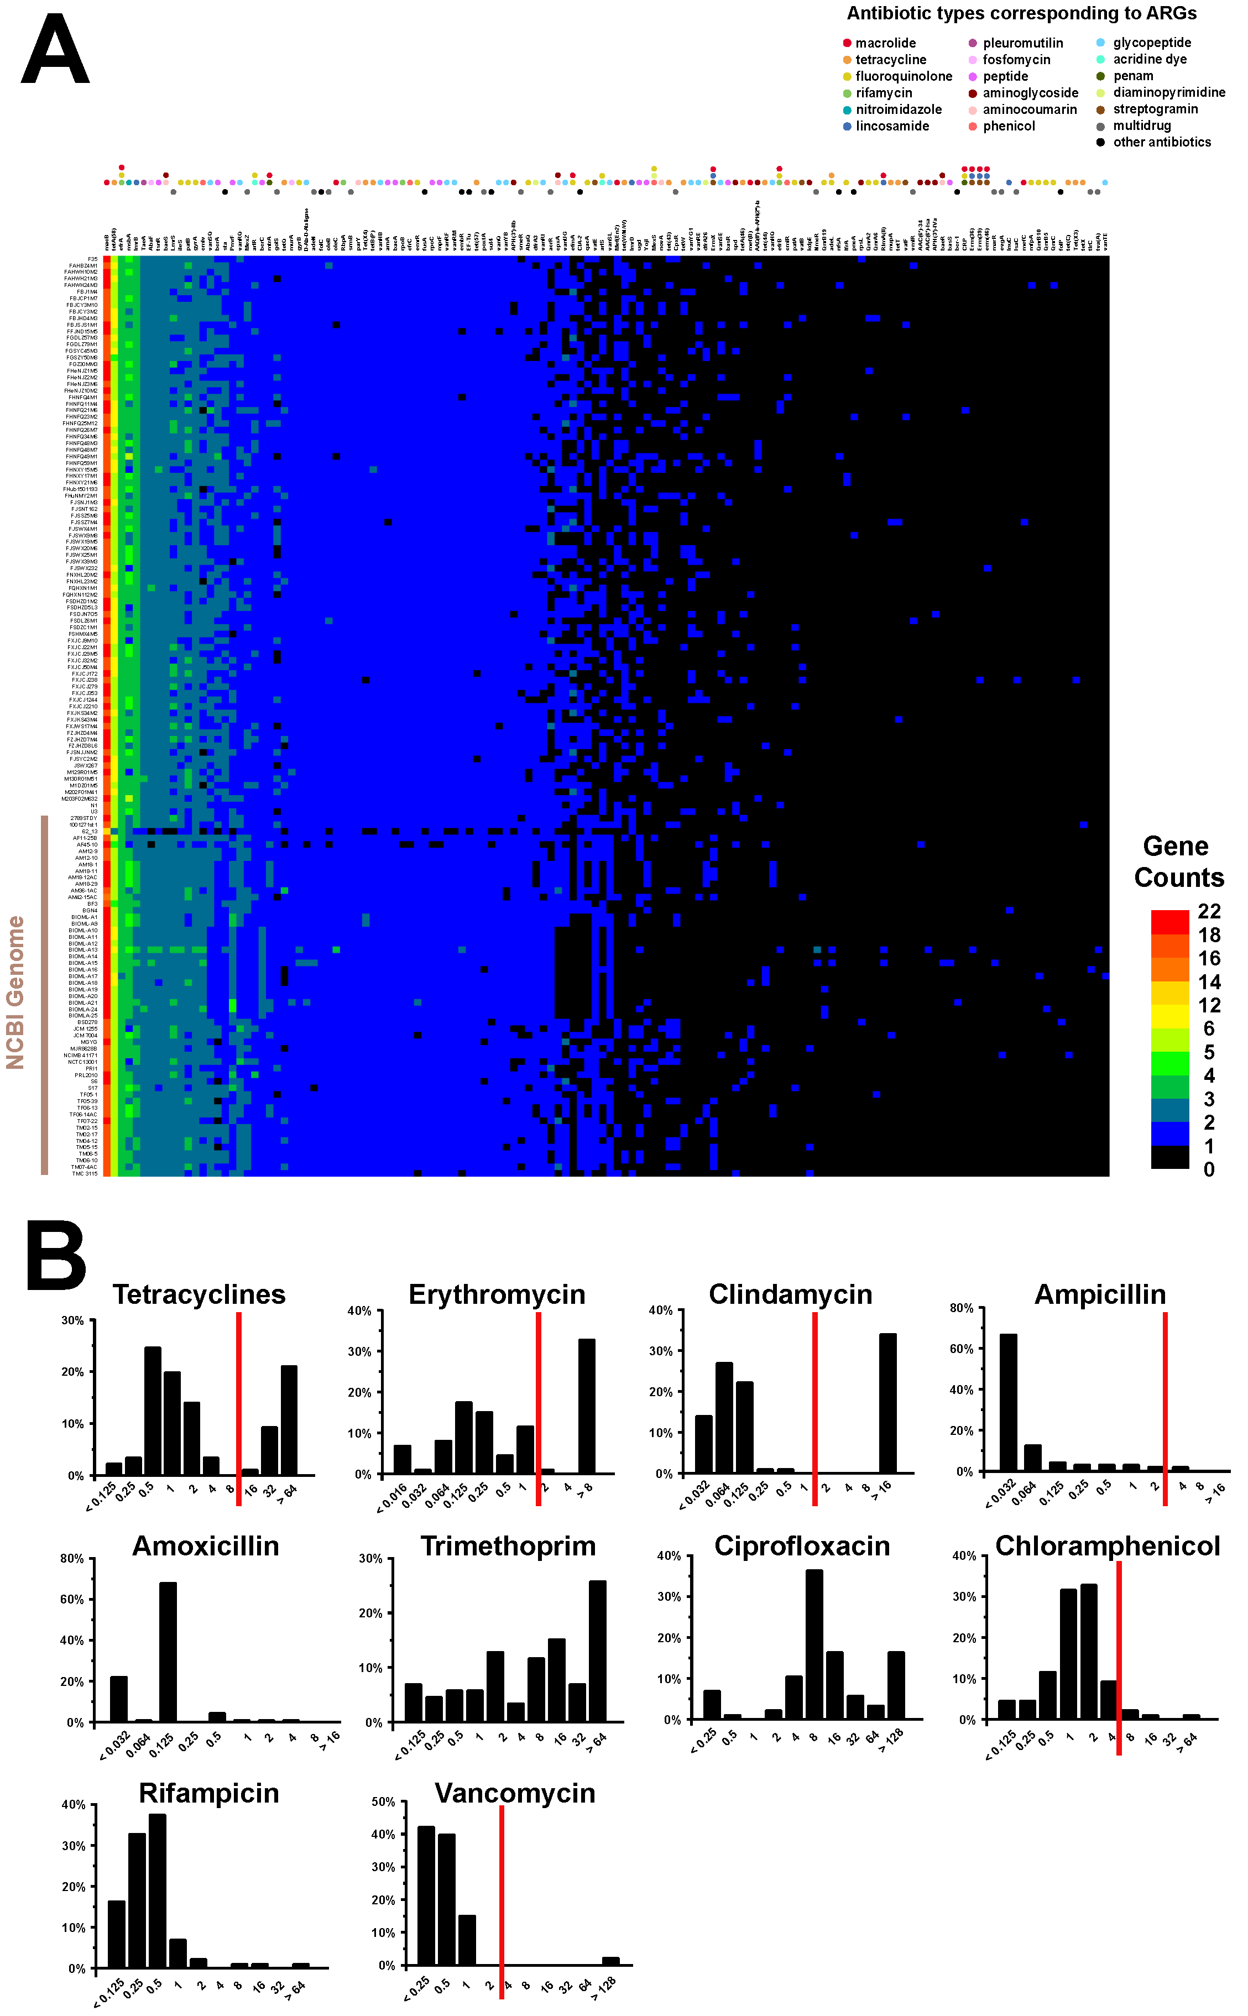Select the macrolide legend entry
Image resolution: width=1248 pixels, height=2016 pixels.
coord(884,43)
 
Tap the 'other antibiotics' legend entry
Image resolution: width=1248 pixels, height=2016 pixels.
coord(1161,142)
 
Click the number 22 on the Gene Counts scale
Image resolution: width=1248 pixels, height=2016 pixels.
coord(1208,911)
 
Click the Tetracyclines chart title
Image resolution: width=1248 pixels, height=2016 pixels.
coord(199,1294)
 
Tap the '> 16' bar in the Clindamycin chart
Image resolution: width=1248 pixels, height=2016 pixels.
coord(887,1403)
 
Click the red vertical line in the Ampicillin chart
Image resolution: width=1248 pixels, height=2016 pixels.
coord(1165,1407)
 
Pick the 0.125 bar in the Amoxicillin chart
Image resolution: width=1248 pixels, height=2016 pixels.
coord(168,1651)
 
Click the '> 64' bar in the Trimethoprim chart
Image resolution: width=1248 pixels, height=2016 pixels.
coord(598,1651)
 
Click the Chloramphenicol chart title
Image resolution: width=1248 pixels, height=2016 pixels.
coord(1107,1545)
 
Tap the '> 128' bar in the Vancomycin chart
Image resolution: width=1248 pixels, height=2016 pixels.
coord(610,1961)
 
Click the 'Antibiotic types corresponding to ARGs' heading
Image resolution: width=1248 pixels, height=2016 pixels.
coord(1021,13)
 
